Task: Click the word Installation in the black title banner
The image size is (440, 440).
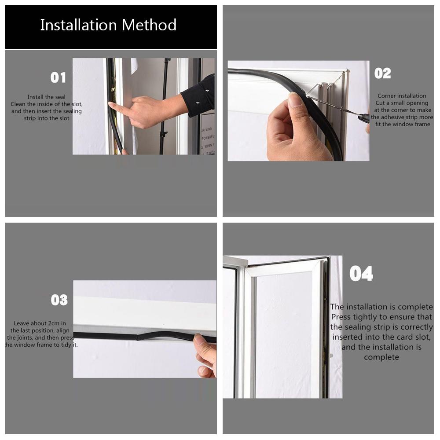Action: pos(78,25)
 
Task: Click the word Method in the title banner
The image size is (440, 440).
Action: pos(149,25)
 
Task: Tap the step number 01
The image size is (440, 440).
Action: pos(58,77)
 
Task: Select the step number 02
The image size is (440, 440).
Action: pos(382,73)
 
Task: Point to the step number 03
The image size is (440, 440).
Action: pos(59,300)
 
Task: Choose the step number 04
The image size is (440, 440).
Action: pos(361,274)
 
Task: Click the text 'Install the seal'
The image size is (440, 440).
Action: pos(46,97)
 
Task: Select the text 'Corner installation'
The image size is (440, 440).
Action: pos(402,95)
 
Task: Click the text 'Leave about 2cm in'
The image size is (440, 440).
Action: pos(40,323)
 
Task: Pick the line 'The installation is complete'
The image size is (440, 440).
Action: pos(381,307)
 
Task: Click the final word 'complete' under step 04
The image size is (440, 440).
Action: pos(381,357)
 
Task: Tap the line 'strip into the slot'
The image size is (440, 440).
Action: pos(46,118)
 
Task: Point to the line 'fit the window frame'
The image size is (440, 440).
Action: pos(403,124)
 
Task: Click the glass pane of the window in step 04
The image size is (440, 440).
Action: pos(284,334)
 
